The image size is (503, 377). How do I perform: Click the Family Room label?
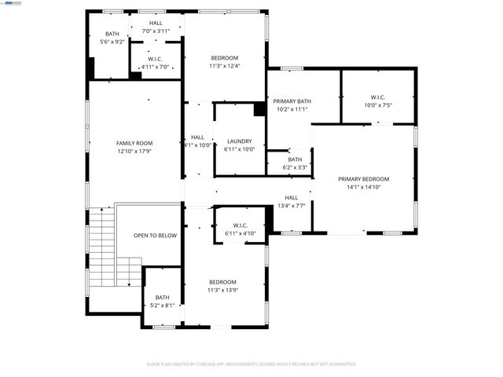[x=134, y=143]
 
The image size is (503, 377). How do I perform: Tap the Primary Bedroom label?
[x=364, y=179]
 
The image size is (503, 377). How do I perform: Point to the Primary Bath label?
[x=292, y=101]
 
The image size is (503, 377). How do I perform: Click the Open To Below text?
[x=155, y=235]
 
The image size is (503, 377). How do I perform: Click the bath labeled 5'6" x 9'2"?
[x=112, y=38]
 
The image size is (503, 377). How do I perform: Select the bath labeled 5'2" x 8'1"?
[x=162, y=301]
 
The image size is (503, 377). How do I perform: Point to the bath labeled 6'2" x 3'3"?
[x=295, y=163]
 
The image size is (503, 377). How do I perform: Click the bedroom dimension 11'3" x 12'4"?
[x=224, y=66]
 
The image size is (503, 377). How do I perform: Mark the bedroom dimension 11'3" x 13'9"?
[x=222, y=290]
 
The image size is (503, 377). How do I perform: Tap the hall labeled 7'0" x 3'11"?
[x=156, y=27]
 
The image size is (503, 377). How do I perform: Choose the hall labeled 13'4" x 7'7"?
[x=291, y=202]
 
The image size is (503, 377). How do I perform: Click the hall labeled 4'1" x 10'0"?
[x=197, y=141]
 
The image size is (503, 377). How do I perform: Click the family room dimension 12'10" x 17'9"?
[x=134, y=151]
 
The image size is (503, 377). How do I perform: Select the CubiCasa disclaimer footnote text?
[x=251, y=364]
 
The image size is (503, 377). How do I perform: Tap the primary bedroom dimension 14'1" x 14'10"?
[x=364, y=187]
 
